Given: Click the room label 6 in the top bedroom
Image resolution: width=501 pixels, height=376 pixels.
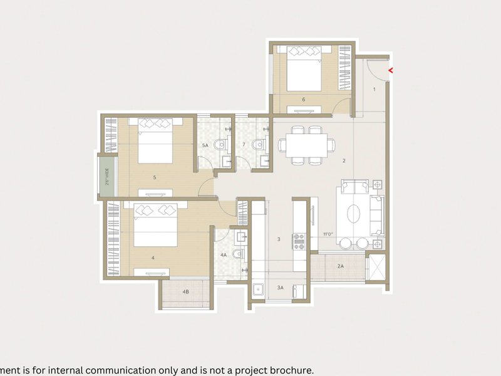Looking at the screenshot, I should click(x=303, y=99).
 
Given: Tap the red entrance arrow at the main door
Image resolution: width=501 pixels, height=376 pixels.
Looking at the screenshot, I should click(x=391, y=70).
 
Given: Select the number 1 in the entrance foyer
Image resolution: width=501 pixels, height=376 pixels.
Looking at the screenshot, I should click(x=374, y=90).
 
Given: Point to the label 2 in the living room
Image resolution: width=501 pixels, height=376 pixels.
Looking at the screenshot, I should click(x=344, y=161).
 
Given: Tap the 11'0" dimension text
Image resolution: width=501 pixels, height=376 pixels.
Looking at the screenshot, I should click(x=328, y=234).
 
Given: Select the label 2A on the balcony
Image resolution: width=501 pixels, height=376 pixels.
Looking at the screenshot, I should click(x=340, y=266).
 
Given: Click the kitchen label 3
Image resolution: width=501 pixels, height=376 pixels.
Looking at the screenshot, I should click(x=279, y=239).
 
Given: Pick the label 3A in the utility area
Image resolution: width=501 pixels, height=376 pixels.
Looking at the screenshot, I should click(x=281, y=288).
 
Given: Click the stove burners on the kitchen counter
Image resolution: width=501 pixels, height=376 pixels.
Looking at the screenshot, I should click(x=299, y=241).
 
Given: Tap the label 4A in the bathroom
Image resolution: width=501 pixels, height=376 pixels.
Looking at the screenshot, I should click(x=224, y=255).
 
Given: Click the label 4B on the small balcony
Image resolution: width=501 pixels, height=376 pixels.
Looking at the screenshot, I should click(x=185, y=292).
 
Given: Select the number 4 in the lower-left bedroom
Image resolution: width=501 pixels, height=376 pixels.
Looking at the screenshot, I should click(x=153, y=258).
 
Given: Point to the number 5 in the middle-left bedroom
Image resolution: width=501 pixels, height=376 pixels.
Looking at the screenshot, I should click(x=154, y=177).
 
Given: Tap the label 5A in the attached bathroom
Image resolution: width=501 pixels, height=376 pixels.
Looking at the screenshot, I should click(x=205, y=145).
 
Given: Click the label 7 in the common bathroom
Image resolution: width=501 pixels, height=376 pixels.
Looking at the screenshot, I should click(x=243, y=145).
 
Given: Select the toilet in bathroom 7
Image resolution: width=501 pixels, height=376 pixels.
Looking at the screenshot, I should click(x=257, y=146).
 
